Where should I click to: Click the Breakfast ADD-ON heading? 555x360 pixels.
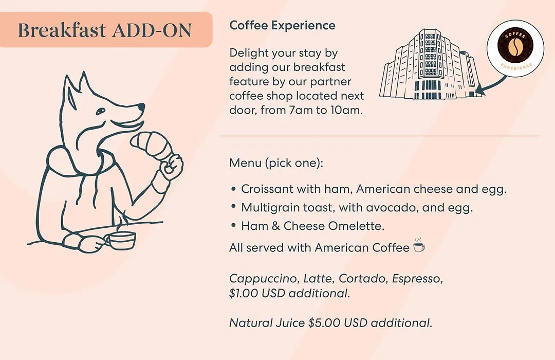click(x=105, y=30)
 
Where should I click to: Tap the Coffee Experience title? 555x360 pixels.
click(x=282, y=26)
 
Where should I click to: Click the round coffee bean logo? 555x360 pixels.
click(x=515, y=48)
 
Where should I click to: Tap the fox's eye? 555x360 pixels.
click(x=101, y=111)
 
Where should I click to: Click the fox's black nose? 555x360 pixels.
click(x=141, y=106)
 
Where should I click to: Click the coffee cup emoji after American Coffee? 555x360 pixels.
click(x=419, y=245)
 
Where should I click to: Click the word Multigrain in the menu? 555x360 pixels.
click(x=266, y=208)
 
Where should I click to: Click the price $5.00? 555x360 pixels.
click(x=324, y=323)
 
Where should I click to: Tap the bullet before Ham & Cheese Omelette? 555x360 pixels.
click(x=233, y=225)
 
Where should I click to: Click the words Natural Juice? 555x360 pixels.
click(x=267, y=323)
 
